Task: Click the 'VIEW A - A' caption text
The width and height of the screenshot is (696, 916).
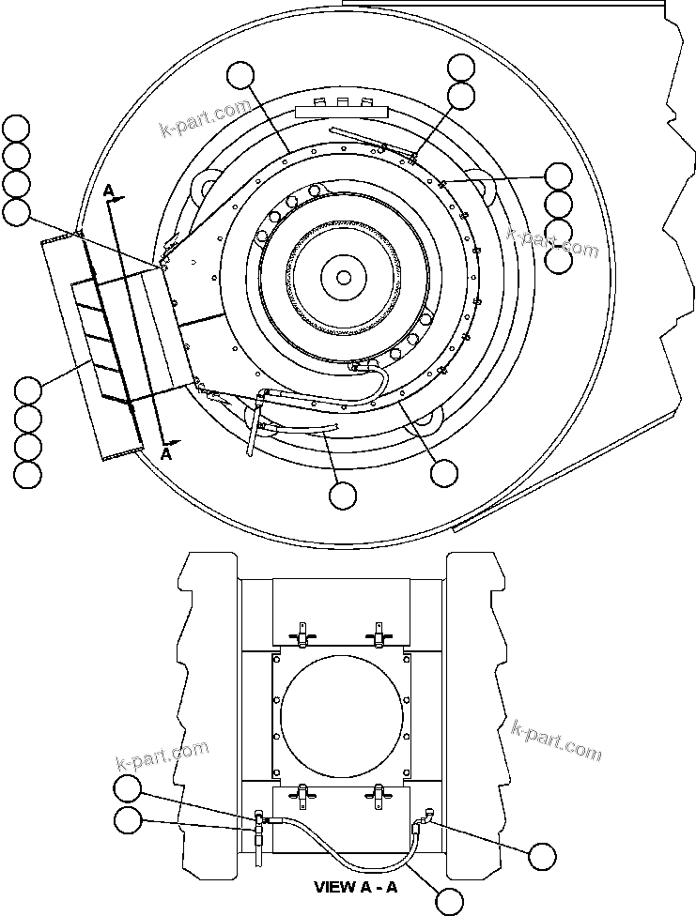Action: point(355,887)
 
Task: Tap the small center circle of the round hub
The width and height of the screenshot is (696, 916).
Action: point(344,277)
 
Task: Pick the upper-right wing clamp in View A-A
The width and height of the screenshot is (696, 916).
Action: point(379,635)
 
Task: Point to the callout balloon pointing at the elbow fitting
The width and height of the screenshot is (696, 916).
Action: point(542,855)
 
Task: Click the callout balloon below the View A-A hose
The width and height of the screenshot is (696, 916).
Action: point(451,902)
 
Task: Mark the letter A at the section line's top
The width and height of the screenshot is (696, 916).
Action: point(109,191)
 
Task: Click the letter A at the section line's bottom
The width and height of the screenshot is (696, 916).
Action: point(167,452)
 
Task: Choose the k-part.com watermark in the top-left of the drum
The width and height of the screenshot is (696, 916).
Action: point(205,120)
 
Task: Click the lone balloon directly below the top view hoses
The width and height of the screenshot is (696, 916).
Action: point(344,494)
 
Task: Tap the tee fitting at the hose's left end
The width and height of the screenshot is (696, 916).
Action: point(257,821)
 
